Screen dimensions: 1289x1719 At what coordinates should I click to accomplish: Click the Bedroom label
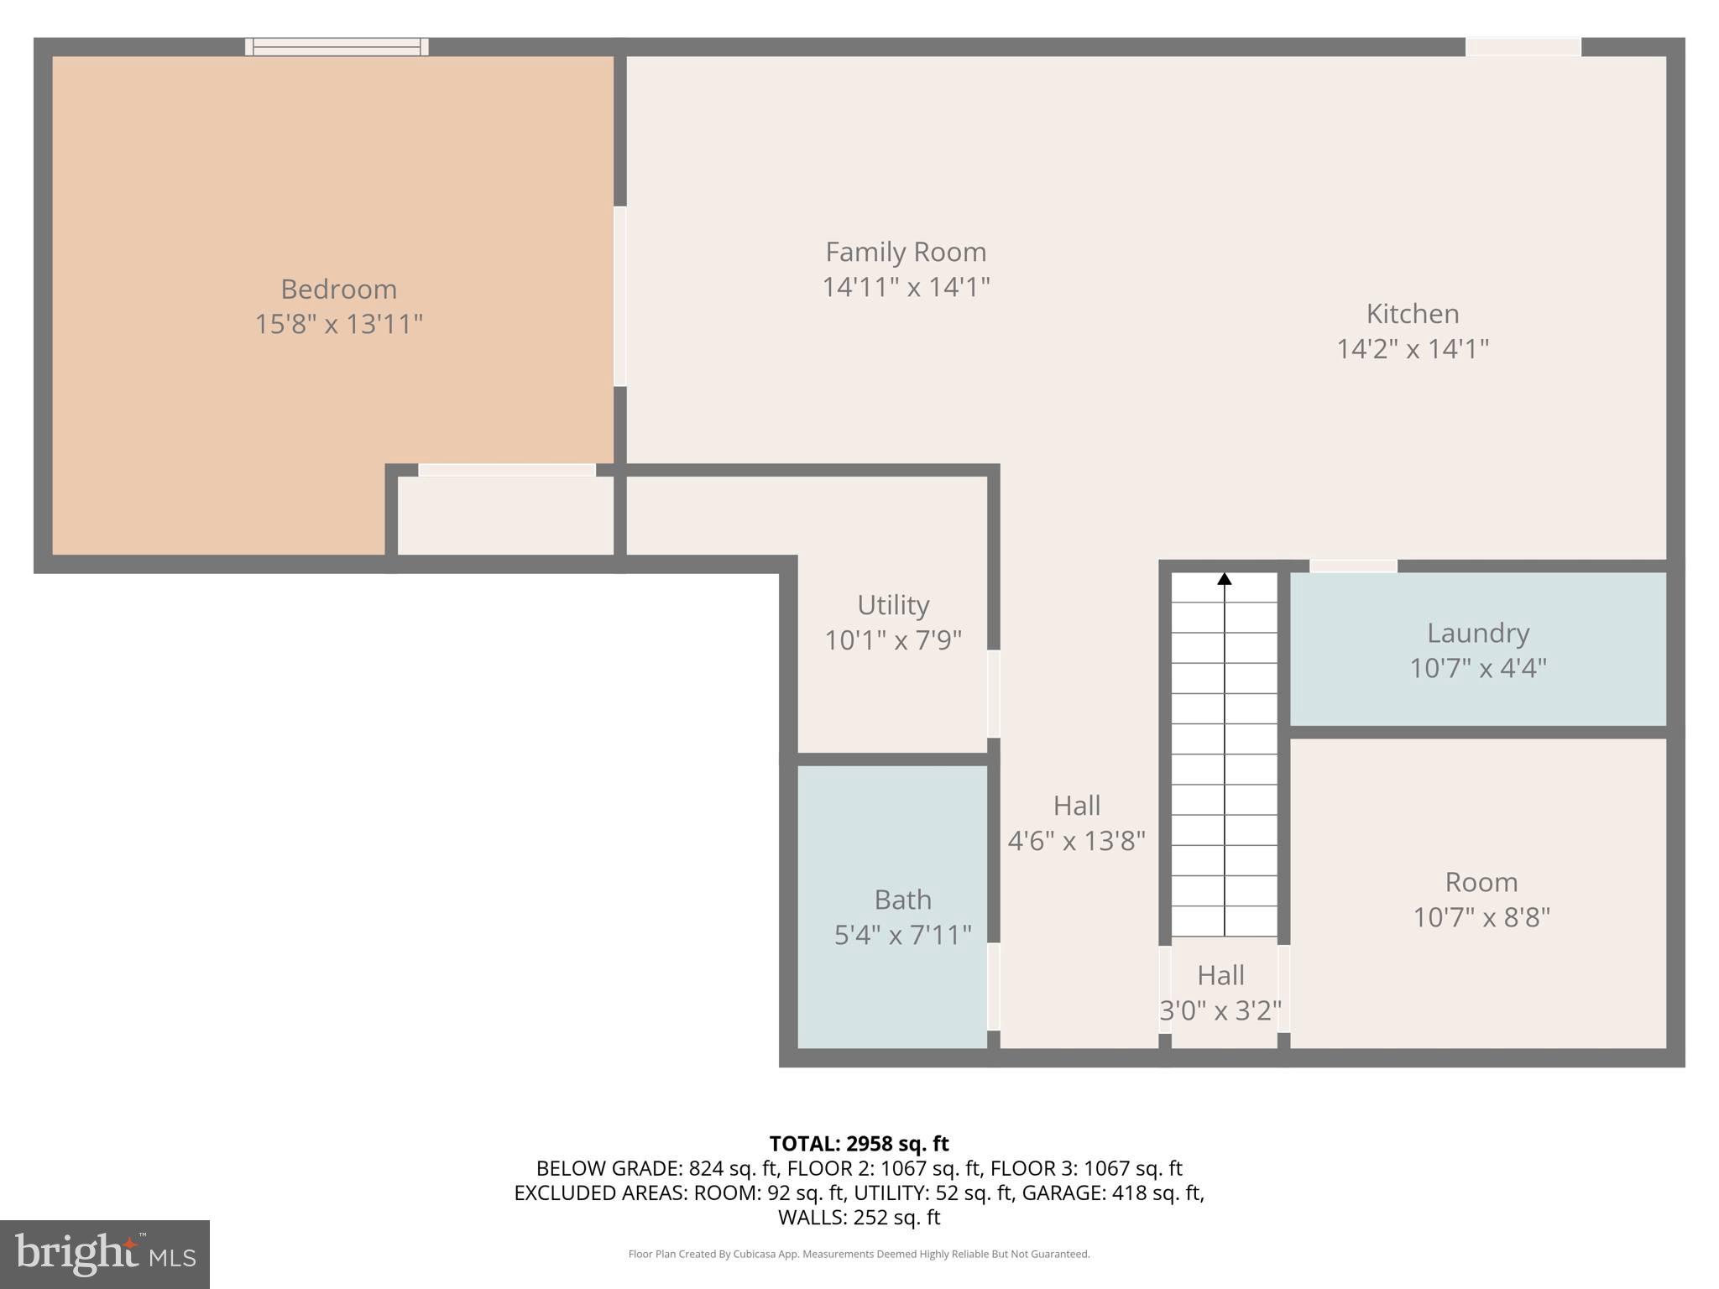pos(338,289)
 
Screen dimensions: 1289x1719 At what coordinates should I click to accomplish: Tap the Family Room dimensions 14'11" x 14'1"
pos(906,287)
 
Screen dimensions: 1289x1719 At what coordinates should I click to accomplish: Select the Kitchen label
pos(1412,313)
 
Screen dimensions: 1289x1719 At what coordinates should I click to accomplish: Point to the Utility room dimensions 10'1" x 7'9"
pos(892,640)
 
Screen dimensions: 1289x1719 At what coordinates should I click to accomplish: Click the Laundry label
pos(1477,633)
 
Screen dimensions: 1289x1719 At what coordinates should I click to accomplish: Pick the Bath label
pos(902,900)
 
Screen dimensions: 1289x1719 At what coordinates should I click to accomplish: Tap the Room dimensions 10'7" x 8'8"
pos(1481,917)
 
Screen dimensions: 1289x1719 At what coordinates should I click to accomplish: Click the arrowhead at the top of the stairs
pos(1225,579)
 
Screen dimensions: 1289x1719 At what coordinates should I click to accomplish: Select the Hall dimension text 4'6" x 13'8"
pos(1076,840)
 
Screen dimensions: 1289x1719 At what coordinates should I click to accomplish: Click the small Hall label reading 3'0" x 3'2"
pos(1220,1010)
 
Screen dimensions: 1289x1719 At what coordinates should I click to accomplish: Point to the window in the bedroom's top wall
pos(337,47)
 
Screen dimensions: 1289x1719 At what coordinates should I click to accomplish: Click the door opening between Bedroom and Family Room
pos(620,296)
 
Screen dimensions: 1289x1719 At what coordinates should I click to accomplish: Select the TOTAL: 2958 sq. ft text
pos(859,1143)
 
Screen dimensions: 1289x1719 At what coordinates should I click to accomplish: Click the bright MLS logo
pos(105,1254)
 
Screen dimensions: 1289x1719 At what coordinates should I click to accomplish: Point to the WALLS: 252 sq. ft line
pos(859,1217)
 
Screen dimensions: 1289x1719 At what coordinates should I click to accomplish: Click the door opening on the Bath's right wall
pos(994,986)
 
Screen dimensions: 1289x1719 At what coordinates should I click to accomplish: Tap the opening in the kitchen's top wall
pos(1523,47)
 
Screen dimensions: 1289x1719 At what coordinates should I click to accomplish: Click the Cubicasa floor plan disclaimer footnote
pos(859,1254)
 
